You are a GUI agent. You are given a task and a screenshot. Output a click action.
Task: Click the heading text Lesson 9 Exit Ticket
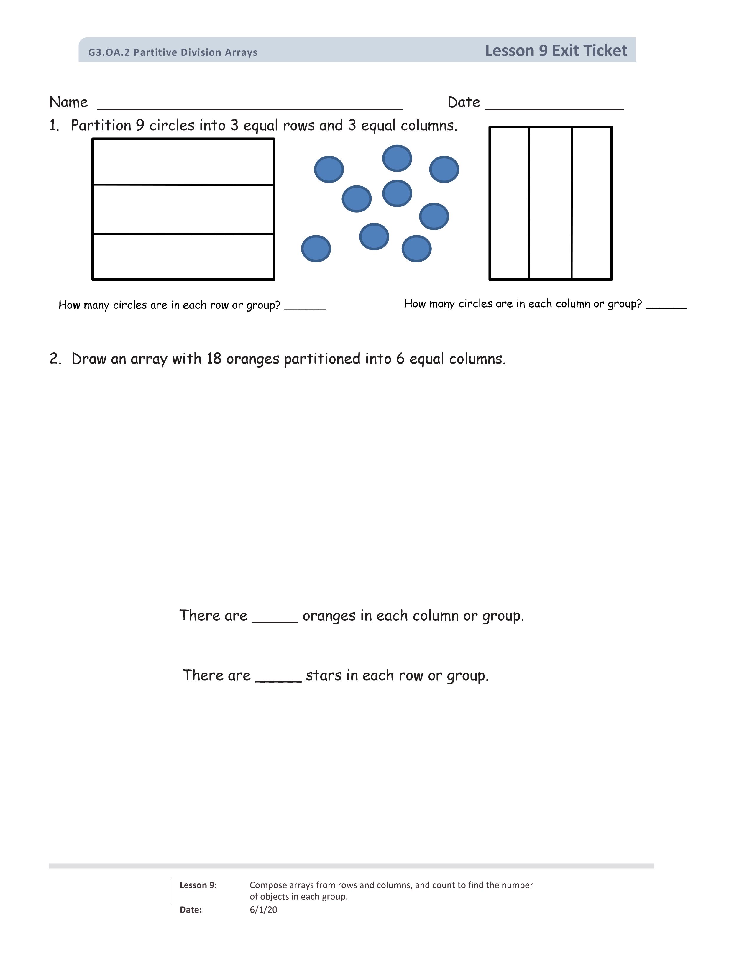556,51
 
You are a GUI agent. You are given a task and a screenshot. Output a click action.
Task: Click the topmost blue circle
397,158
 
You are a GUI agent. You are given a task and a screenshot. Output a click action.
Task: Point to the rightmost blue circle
444,169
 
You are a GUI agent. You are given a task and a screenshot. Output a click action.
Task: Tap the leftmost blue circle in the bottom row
316,249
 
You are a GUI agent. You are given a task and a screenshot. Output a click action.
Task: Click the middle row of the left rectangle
183,209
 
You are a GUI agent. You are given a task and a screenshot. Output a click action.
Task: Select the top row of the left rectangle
183,162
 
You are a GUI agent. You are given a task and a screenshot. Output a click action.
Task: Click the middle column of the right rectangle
550,203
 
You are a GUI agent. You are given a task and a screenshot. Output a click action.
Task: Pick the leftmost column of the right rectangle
510,203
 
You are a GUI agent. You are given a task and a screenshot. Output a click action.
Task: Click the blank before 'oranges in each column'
275,619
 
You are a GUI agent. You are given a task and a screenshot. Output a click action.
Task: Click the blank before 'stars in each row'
278,679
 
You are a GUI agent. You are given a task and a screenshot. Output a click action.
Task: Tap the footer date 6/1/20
263,910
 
